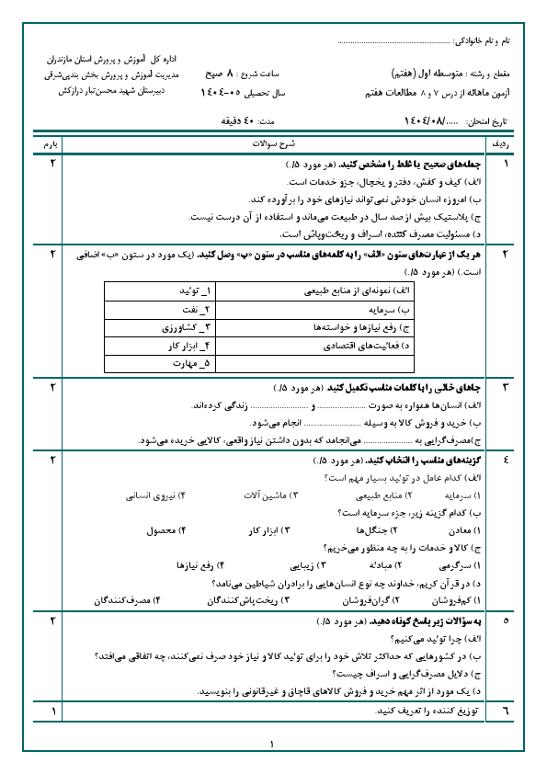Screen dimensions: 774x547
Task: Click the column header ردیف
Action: (505, 144)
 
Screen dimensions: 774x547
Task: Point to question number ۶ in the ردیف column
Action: (505, 711)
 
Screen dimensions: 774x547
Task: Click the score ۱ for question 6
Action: (51, 711)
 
